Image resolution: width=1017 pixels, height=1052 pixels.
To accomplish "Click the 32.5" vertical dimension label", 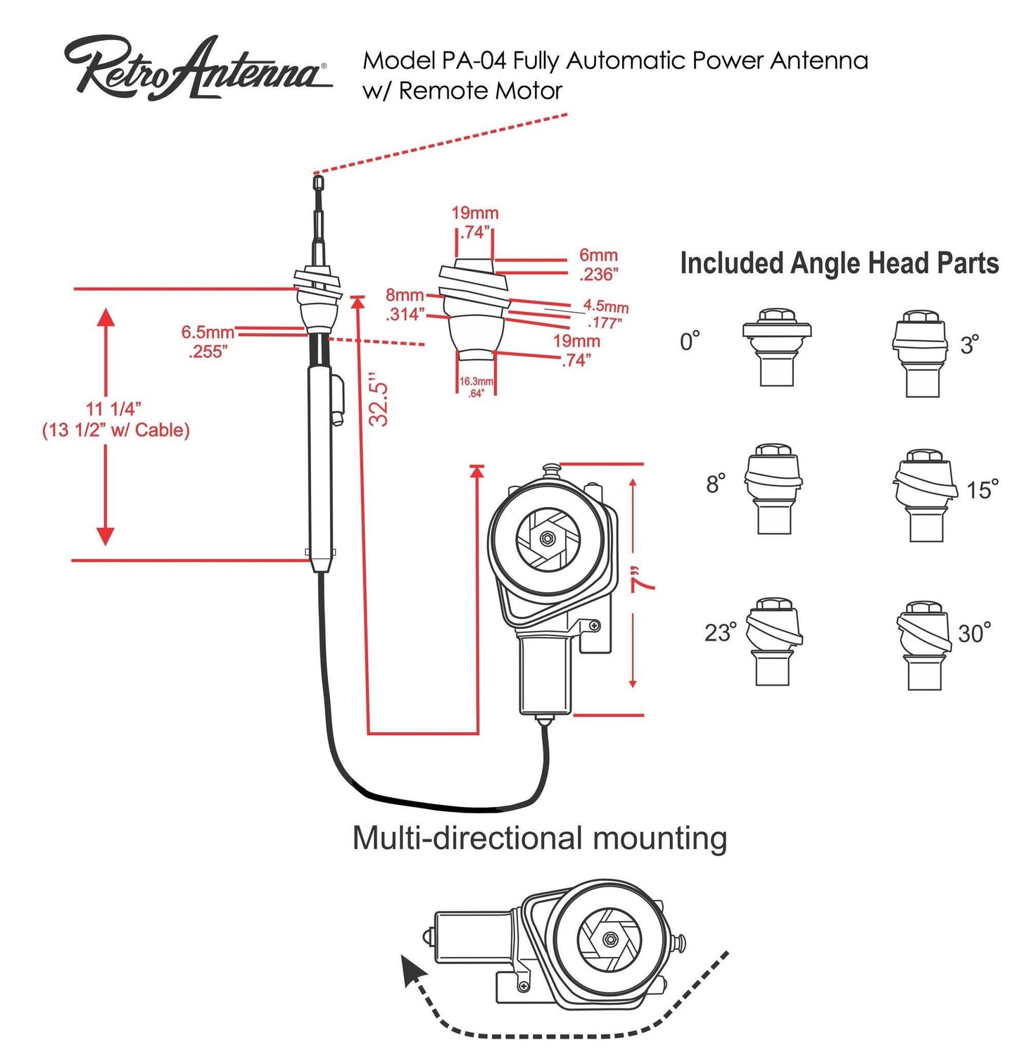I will click(x=379, y=399).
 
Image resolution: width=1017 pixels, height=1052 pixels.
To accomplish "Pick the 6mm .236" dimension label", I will click(x=598, y=265).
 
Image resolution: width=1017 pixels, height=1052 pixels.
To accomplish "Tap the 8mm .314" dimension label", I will click(x=405, y=305).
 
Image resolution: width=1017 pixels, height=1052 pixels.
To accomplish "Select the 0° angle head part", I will click(x=776, y=347).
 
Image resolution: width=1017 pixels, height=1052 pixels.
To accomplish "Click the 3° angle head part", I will click(x=919, y=353).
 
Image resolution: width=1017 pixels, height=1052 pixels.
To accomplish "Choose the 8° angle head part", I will click(x=773, y=489).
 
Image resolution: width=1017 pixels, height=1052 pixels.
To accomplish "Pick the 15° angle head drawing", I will click(x=924, y=496).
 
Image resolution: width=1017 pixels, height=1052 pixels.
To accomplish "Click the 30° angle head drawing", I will click(x=921, y=645).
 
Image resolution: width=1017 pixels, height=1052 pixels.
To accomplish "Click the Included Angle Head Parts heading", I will click(x=839, y=263).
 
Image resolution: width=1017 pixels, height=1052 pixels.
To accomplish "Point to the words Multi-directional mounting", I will click(x=539, y=838).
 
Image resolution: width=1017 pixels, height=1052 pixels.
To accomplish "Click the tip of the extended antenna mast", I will click(x=318, y=182).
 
